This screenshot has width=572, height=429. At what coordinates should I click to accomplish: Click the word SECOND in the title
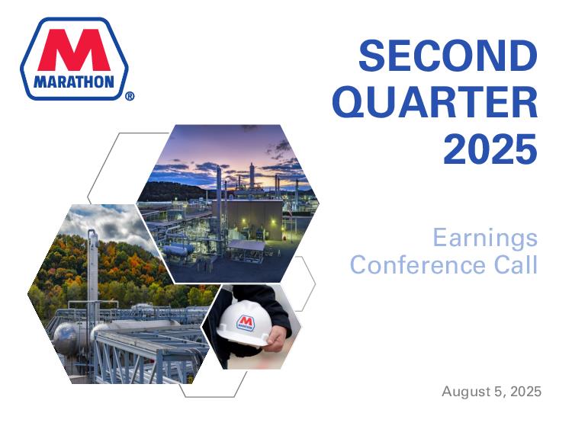pos(448,56)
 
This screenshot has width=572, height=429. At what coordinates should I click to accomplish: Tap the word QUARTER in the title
pos(435,102)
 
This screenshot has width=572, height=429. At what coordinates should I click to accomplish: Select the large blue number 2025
pos(490,149)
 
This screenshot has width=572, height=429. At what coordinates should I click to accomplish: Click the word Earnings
pos(485,238)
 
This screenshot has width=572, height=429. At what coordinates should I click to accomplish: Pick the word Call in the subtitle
pos(516,264)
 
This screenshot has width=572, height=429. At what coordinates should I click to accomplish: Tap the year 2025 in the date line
pos(525,392)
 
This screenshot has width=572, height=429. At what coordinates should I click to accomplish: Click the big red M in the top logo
pos(74,50)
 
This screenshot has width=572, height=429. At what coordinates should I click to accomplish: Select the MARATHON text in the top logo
pos(74,82)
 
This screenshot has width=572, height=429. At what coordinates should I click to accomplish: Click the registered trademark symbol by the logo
pos(130,96)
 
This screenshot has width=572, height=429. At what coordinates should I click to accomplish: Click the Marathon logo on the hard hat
pos(245,322)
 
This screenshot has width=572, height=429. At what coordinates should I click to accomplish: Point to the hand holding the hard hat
pos(278,338)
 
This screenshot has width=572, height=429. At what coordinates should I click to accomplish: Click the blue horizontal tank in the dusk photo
pos(178,250)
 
